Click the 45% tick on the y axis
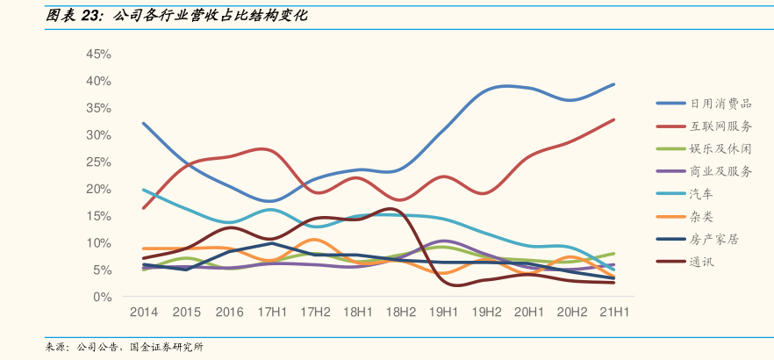coord(98,54)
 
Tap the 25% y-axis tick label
coord(98,162)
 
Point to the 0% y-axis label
coord(102,298)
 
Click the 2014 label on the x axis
coord(143,313)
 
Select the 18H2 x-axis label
coord(400,313)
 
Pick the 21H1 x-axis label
coord(613,313)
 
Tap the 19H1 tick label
coord(443,313)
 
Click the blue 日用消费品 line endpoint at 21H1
coord(613,84)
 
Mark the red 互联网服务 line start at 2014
coord(143,208)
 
